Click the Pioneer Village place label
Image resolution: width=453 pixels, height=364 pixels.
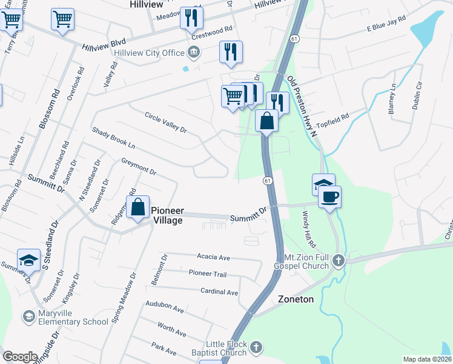pos(167,215)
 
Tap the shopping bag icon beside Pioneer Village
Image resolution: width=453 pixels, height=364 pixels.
pos(139,207)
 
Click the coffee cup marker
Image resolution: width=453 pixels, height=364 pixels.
pos(329,197)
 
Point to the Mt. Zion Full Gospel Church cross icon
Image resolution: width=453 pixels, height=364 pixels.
pos(338,261)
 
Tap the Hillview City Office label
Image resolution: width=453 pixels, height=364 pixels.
pos(148,53)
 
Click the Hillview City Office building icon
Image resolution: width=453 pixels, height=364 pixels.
pos(193,53)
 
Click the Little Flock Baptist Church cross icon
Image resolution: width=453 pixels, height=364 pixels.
pos(256,348)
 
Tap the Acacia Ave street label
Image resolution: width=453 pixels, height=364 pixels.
pos(214,257)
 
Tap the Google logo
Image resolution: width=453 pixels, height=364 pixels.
pos(21,357)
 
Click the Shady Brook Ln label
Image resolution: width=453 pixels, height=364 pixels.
pos(113,138)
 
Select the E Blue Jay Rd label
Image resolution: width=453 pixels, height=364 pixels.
pos(385,25)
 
